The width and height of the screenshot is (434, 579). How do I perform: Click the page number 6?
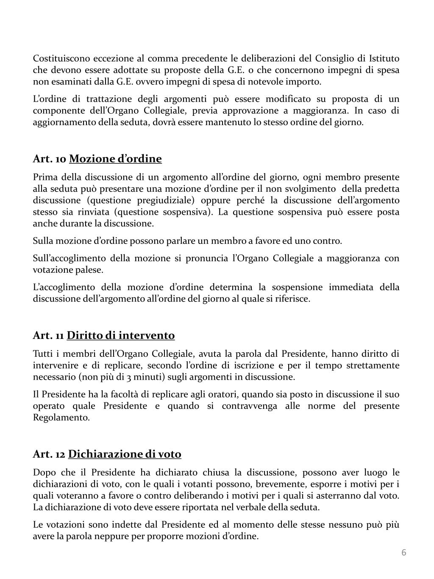(404, 552)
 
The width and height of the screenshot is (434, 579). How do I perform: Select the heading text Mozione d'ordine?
(115, 159)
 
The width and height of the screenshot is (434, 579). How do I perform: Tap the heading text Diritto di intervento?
(121, 336)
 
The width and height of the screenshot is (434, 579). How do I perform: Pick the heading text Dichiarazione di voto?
(125, 454)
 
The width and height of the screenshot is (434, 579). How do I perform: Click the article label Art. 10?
(50, 159)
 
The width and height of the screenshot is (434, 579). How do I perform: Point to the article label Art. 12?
(49, 454)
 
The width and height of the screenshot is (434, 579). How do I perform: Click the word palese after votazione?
(88, 270)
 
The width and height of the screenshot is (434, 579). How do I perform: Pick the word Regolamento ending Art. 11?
(61, 417)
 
